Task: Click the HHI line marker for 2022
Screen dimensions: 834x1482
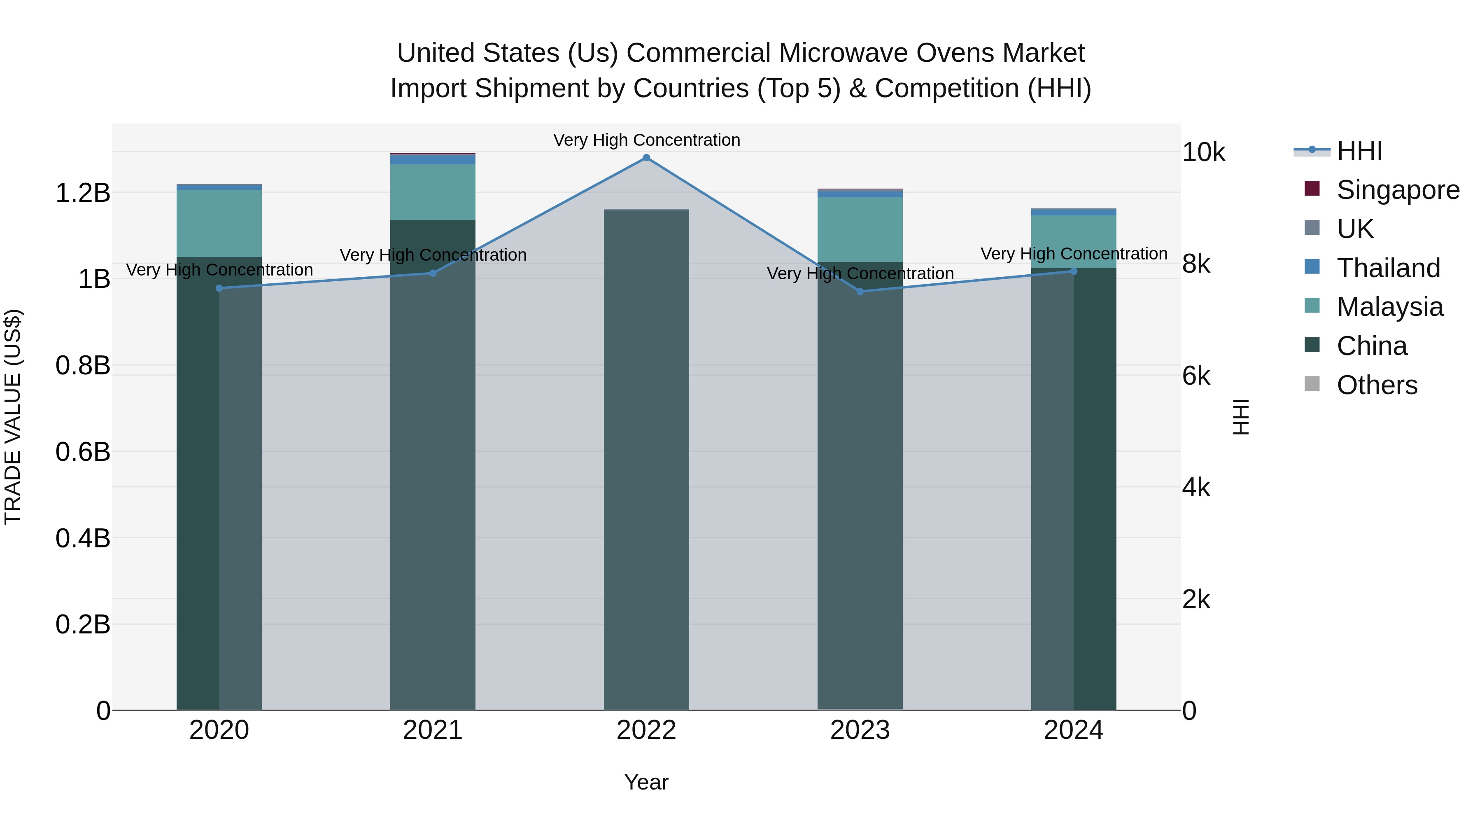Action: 646,158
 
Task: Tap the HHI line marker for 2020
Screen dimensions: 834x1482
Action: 219,288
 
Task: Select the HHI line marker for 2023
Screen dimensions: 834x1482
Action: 860,292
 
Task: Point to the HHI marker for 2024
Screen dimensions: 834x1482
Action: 1074,271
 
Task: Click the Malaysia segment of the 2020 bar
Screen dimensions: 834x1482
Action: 219,223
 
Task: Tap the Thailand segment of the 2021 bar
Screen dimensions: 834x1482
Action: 433,159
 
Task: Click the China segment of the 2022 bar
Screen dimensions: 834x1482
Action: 646,460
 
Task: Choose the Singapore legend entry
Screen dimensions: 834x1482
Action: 1398,190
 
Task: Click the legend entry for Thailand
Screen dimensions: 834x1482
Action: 1388,268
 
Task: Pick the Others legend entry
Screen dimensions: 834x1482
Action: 1377,385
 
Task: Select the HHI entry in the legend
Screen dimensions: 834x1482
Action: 1359,151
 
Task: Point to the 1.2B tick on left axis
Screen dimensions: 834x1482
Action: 83,193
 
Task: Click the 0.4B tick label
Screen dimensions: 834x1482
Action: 83,538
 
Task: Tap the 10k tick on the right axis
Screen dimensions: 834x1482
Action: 1204,152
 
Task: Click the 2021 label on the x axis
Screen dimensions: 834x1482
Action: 433,730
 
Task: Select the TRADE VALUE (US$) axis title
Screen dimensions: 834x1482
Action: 13,417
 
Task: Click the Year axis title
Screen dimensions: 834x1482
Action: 646,782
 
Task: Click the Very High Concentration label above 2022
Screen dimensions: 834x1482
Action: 646,140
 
